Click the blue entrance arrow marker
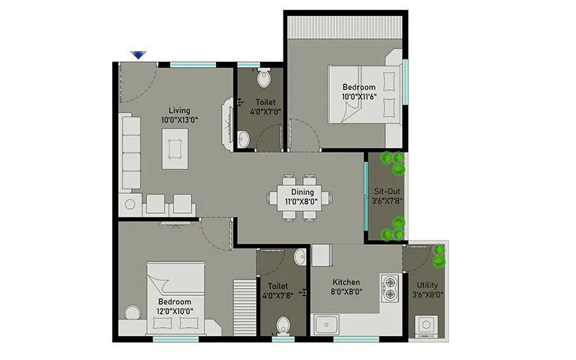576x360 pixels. [138, 55]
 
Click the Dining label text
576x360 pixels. [302, 192]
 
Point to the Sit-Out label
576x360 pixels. [387, 192]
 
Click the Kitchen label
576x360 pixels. [346, 282]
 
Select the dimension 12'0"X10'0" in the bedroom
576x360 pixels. [174, 311]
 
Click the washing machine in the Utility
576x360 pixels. [427, 325]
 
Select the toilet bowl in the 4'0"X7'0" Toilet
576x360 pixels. [263, 77]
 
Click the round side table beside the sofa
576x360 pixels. [130, 204]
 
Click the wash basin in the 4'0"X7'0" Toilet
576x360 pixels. [243, 139]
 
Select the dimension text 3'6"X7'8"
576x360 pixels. [387, 202]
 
